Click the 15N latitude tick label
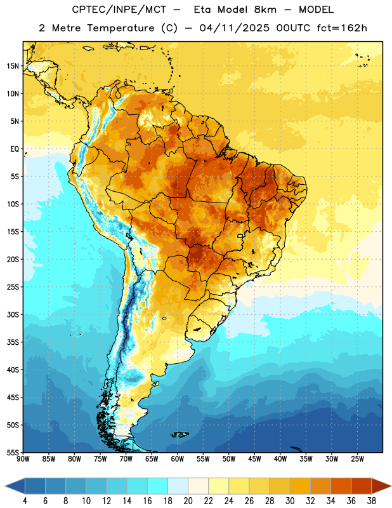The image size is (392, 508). tap(13, 66)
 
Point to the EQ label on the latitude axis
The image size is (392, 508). tap(15, 149)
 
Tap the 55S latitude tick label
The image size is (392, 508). tap(13, 452)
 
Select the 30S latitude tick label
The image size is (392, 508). tap(13, 314)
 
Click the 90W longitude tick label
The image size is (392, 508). tap(23, 459)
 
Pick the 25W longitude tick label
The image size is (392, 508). tap(357, 459)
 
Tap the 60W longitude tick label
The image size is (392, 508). tap(178, 459)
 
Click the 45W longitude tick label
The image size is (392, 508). tap(254, 459)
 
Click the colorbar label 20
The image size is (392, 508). tap(188, 501)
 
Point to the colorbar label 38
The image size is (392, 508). tap(372, 501)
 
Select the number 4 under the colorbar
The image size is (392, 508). tap(25, 501)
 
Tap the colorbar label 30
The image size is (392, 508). tap(290, 501)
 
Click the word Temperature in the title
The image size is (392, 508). tap(121, 28)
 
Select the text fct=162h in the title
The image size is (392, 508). tap(342, 28)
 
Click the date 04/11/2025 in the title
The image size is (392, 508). tap(234, 28)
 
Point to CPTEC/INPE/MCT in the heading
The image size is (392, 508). tap(119, 10)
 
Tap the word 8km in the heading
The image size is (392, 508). tap(265, 10)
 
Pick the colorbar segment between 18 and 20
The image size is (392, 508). tap(178, 486)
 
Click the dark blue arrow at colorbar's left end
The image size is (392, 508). tap(15, 486)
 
